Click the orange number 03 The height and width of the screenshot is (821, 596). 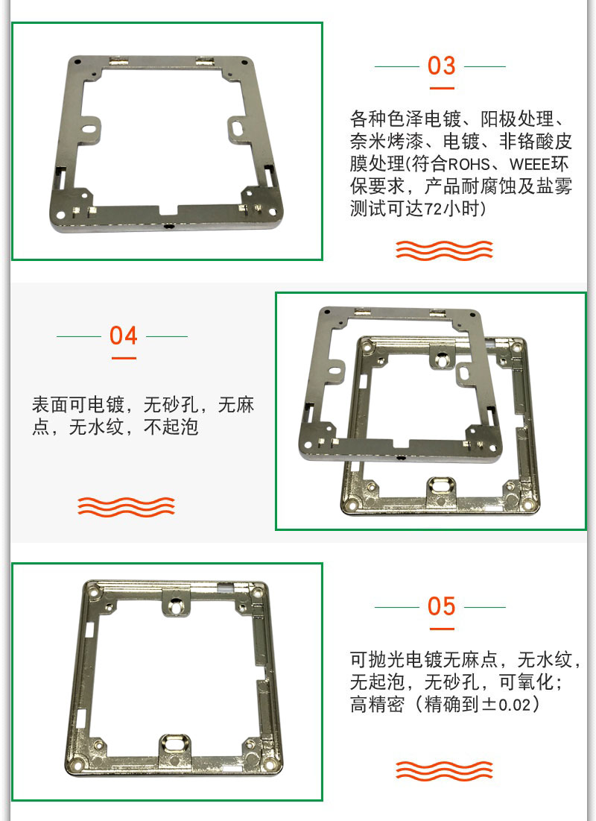pyautogui.click(x=441, y=66)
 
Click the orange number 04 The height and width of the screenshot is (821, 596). pyautogui.click(x=123, y=336)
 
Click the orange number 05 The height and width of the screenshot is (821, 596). pyautogui.click(x=441, y=606)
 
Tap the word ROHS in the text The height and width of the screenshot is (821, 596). pyautogui.click(x=469, y=164)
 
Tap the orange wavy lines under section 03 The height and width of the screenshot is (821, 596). pyautogui.click(x=444, y=251)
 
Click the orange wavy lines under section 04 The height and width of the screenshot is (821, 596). pyautogui.click(x=126, y=506)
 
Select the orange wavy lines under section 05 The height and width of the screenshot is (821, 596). pyautogui.click(x=444, y=770)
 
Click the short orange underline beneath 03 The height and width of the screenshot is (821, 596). pyautogui.click(x=442, y=88)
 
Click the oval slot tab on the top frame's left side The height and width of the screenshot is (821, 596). pyautogui.click(x=92, y=126)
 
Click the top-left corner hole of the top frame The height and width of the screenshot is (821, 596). pyautogui.click(x=77, y=61)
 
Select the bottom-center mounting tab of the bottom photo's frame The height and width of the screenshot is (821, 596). pyautogui.click(x=175, y=746)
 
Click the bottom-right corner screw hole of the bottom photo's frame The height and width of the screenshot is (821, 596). pyautogui.click(x=269, y=764)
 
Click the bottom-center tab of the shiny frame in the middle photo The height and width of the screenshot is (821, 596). pyautogui.click(x=443, y=490)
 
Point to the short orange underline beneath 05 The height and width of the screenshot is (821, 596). pyautogui.click(x=442, y=629)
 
